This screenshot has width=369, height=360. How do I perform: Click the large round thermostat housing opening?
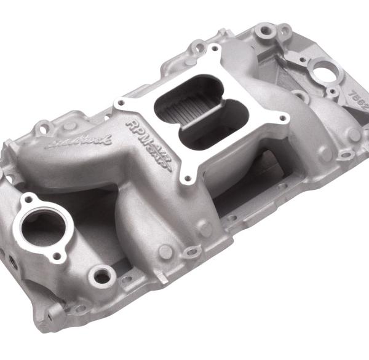pos(43,224)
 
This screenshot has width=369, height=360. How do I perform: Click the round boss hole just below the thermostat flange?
pos(100,276)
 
